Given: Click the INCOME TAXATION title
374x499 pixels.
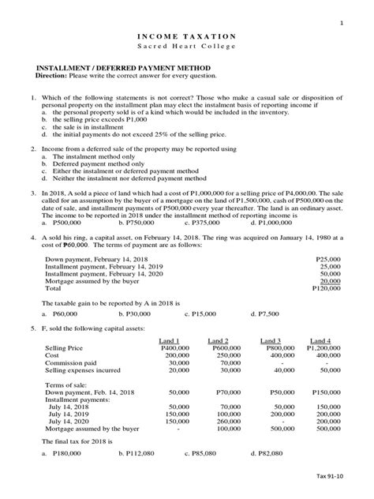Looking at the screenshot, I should (187, 36).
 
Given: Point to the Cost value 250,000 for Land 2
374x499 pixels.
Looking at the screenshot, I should (225, 355).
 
